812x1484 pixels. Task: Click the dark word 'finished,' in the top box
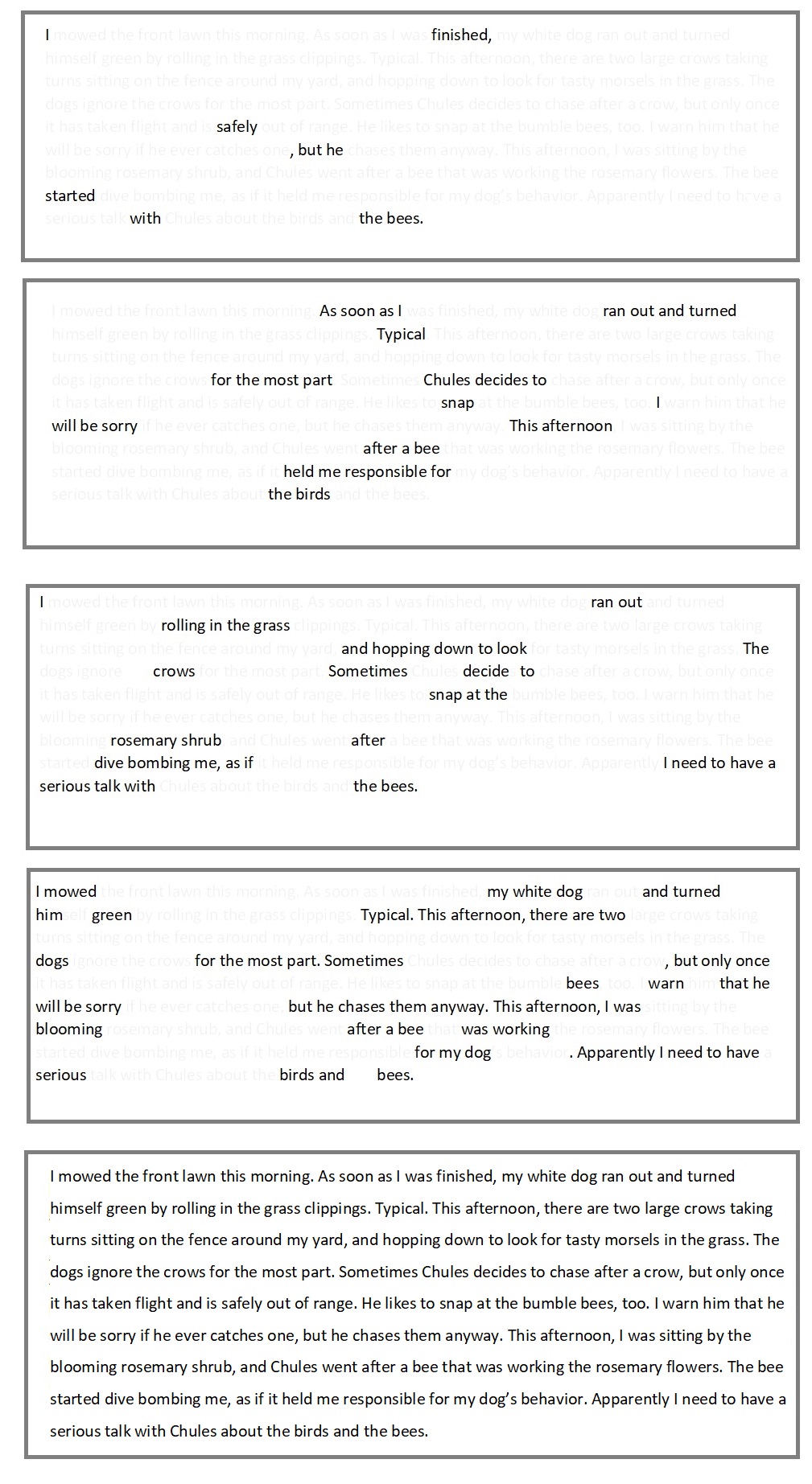[x=460, y=35]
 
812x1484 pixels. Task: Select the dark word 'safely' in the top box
[x=237, y=127]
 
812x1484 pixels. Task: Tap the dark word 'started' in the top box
[x=70, y=196]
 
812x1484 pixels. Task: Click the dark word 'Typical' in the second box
[x=401, y=335]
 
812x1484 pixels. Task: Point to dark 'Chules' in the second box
[x=447, y=380]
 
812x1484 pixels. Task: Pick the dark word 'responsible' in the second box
[x=387, y=472]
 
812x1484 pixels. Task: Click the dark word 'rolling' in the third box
[x=183, y=626]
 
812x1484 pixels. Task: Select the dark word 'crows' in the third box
[x=174, y=672]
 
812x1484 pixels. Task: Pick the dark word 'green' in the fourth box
[x=112, y=915]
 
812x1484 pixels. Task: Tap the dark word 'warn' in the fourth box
[x=666, y=984]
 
